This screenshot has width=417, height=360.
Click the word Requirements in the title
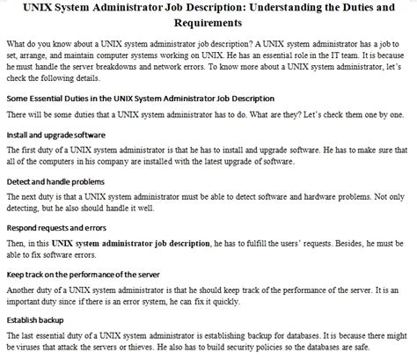pyautogui.click(x=208, y=25)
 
